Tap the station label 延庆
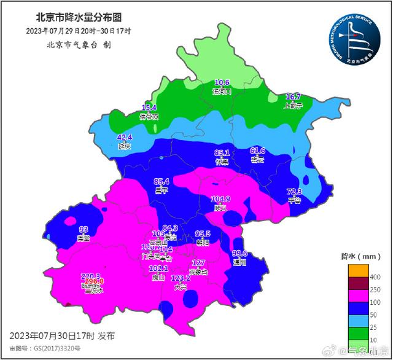pyautogui.click(x=125, y=146)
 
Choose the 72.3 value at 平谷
pyautogui.click(x=295, y=192)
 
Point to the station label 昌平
pyautogui.click(x=161, y=191)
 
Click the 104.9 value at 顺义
pyautogui.click(x=220, y=200)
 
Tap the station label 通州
pyautogui.click(x=239, y=262)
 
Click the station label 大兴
pyautogui.click(x=181, y=287)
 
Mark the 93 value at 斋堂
pyautogui.click(x=84, y=229)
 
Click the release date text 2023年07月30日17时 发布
pyautogui.click(x=62, y=336)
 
